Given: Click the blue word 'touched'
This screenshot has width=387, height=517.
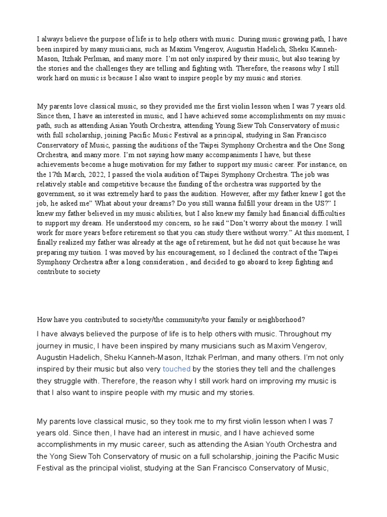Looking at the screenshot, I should pos(176,369).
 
